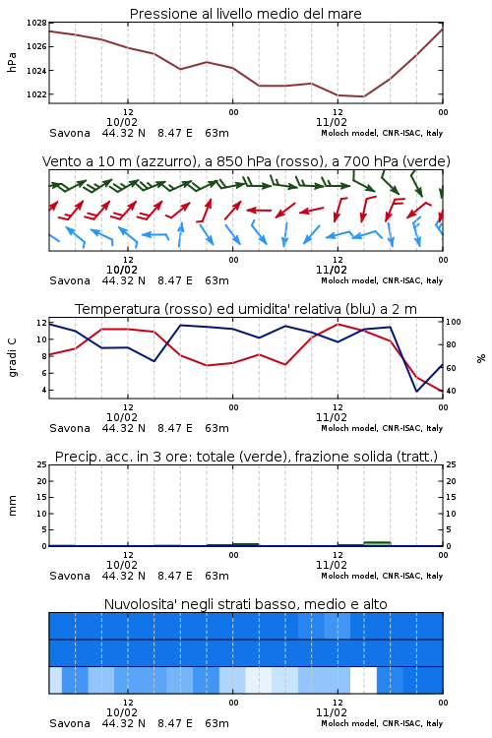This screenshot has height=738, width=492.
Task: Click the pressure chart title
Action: click(x=246, y=14)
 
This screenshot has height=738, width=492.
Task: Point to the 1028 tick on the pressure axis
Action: click(x=36, y=23)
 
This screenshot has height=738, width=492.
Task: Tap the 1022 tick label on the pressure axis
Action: click(x=36, y=94)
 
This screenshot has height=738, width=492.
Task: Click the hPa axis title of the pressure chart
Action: click(x=12, y=62)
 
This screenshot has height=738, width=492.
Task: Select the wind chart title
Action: click(x=246, y=161)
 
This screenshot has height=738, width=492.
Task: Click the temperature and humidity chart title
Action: click(x=246, y=309)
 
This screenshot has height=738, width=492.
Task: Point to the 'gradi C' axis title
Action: click(x=12, y=357)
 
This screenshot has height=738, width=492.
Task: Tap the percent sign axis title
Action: click(x=481, y=358)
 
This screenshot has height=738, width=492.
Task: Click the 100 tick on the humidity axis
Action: click(x=454, y=322)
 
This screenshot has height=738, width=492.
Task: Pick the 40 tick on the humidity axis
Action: click(x=451, y=391)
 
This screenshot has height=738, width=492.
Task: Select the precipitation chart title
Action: click(x=246, y=457)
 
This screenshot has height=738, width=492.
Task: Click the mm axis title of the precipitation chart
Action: click(x=12, y=506)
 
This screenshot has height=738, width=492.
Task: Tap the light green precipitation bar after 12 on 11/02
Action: click(x=377, y=543)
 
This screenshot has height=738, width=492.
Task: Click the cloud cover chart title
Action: click(x=246, y=604)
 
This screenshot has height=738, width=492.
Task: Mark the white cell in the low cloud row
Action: click(x=363, y=680)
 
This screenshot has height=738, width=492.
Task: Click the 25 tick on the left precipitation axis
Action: click(x=42, y=464)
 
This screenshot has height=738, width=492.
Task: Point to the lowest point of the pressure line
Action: click(x=363, y=96)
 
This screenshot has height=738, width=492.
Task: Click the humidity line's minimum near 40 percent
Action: click(x=416, y=391)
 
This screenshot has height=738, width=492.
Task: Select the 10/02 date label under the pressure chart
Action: click(x=122, y=122)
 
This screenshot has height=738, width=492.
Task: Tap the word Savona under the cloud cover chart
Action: click(x=70, y=723)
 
